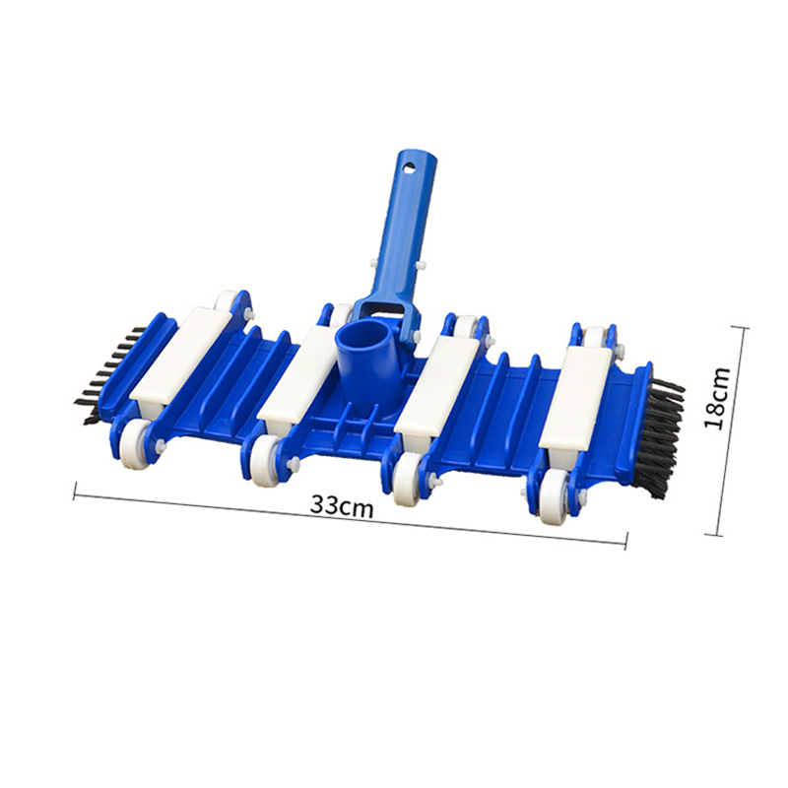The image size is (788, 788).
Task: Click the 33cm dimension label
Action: point(342,505)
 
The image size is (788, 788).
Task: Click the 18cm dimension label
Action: point(717,398)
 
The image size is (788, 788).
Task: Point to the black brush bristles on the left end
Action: point(109,373)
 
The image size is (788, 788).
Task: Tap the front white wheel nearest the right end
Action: point(553,496)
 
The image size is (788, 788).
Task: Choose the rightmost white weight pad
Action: point(578,397)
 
